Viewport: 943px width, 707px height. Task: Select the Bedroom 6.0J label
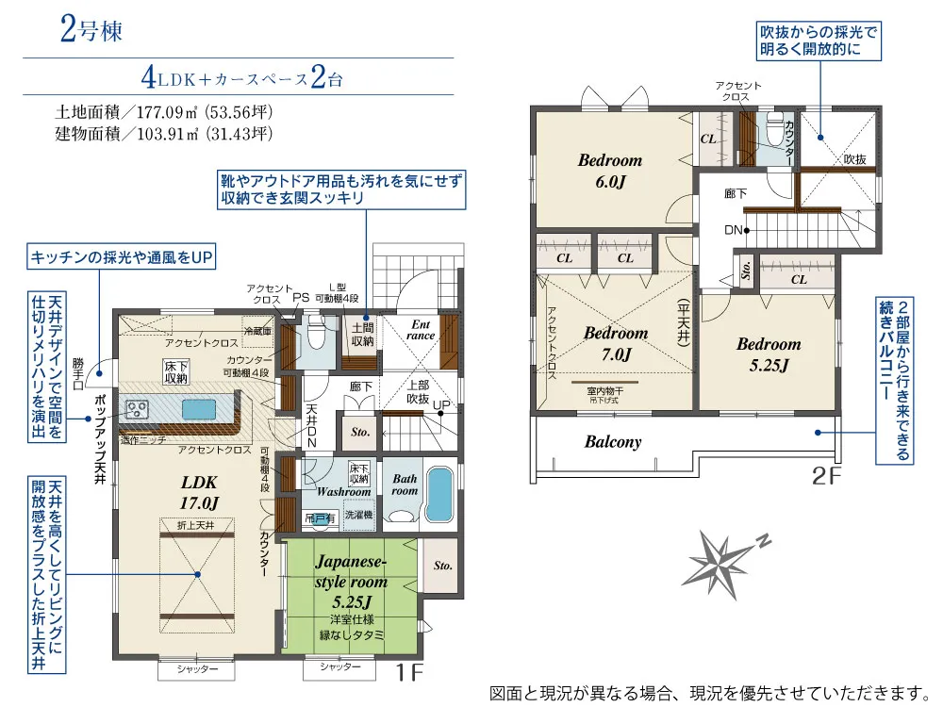click(609, 171)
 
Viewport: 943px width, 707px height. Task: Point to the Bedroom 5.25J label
click(769, 353)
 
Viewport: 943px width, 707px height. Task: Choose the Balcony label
click(613, 441)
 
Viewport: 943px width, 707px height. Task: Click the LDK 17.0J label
click(200, 491)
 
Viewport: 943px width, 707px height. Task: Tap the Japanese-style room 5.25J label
click(352, 583)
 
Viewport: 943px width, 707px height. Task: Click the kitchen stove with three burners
click(139, 408)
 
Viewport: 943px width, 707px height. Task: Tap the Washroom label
click(343, 492)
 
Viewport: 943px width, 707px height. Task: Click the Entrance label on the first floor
click(421, 329)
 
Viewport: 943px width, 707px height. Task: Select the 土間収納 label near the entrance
click(363, 334)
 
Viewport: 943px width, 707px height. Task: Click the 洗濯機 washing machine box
click(358, 517)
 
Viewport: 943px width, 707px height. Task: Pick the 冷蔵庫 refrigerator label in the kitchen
click(256, 332)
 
